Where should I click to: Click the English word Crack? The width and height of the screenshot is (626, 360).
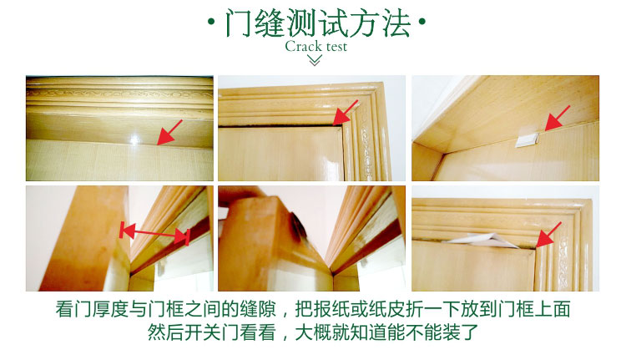click(x=304, y=46)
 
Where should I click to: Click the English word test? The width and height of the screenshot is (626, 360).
click(x=336, y=47)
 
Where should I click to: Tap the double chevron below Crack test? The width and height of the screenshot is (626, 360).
click(x=315, y=60)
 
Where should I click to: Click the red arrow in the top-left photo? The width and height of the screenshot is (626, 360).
click(x=169, y=132)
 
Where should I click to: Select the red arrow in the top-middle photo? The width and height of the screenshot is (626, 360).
click(x=345, y=113)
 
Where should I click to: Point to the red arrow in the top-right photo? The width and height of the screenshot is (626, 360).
click(x=558, y=119)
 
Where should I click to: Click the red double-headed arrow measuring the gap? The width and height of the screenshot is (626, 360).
click(x=154, y=235)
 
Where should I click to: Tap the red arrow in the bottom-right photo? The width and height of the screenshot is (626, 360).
click(x=548, y=235)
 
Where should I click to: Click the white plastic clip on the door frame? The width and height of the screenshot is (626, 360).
click(x=527, y=140)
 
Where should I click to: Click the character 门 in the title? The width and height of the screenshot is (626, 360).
click(x=239, y=23)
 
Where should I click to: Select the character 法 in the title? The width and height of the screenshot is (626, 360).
click(x=396, y=23)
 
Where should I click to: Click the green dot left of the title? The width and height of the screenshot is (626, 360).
click(x=211, y=22)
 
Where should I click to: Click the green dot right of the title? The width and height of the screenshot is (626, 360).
click(x=422, y=22)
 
